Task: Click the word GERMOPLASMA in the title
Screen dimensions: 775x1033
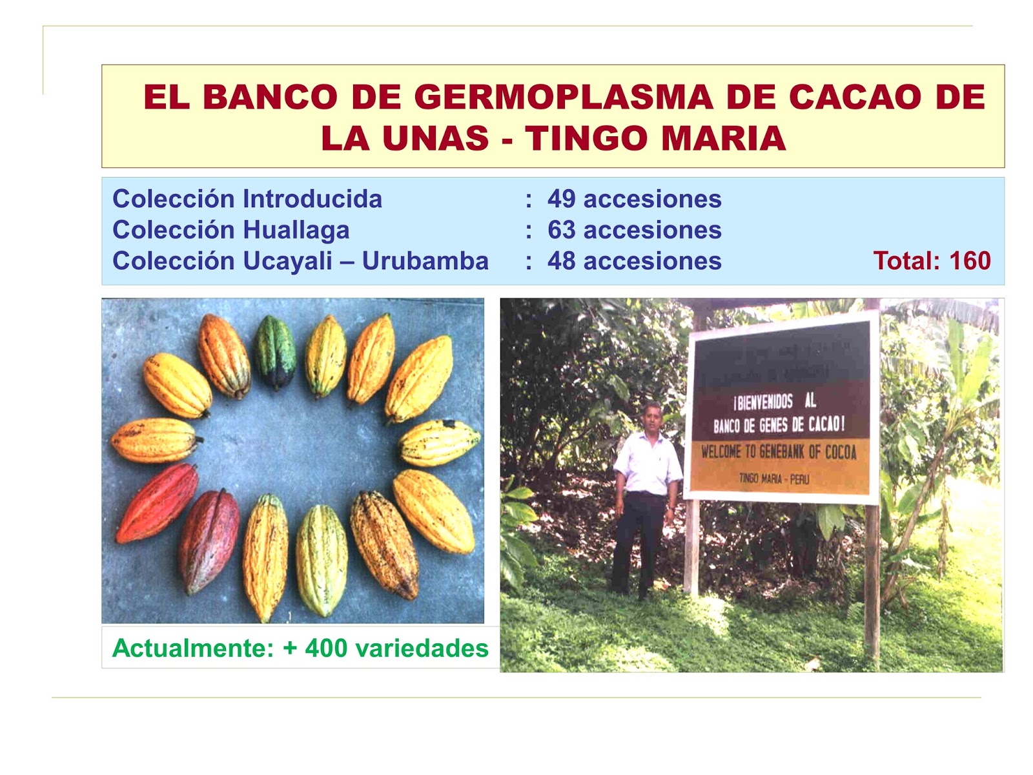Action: point(563,98)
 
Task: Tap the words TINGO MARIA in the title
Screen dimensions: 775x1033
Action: point(655,139)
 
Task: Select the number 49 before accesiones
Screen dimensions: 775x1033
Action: point(561,199)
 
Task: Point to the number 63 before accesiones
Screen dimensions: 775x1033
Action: point(561,230)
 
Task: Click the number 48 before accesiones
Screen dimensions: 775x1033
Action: point(561,261)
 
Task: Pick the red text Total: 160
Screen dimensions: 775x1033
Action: point(932,261)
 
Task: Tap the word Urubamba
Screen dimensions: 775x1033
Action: point(425,261)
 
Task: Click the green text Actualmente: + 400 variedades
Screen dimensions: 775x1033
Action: point(300,648)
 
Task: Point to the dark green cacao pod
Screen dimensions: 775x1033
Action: point(275,352)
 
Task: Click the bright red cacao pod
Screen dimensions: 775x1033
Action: point(157,502)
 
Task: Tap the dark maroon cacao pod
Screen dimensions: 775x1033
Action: point(208,541)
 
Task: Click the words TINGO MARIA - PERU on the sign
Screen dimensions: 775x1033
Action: point(773,479)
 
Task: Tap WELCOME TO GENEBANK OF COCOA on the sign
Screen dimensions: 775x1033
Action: point(779,451)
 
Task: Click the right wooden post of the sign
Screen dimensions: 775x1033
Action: point(872,581)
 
